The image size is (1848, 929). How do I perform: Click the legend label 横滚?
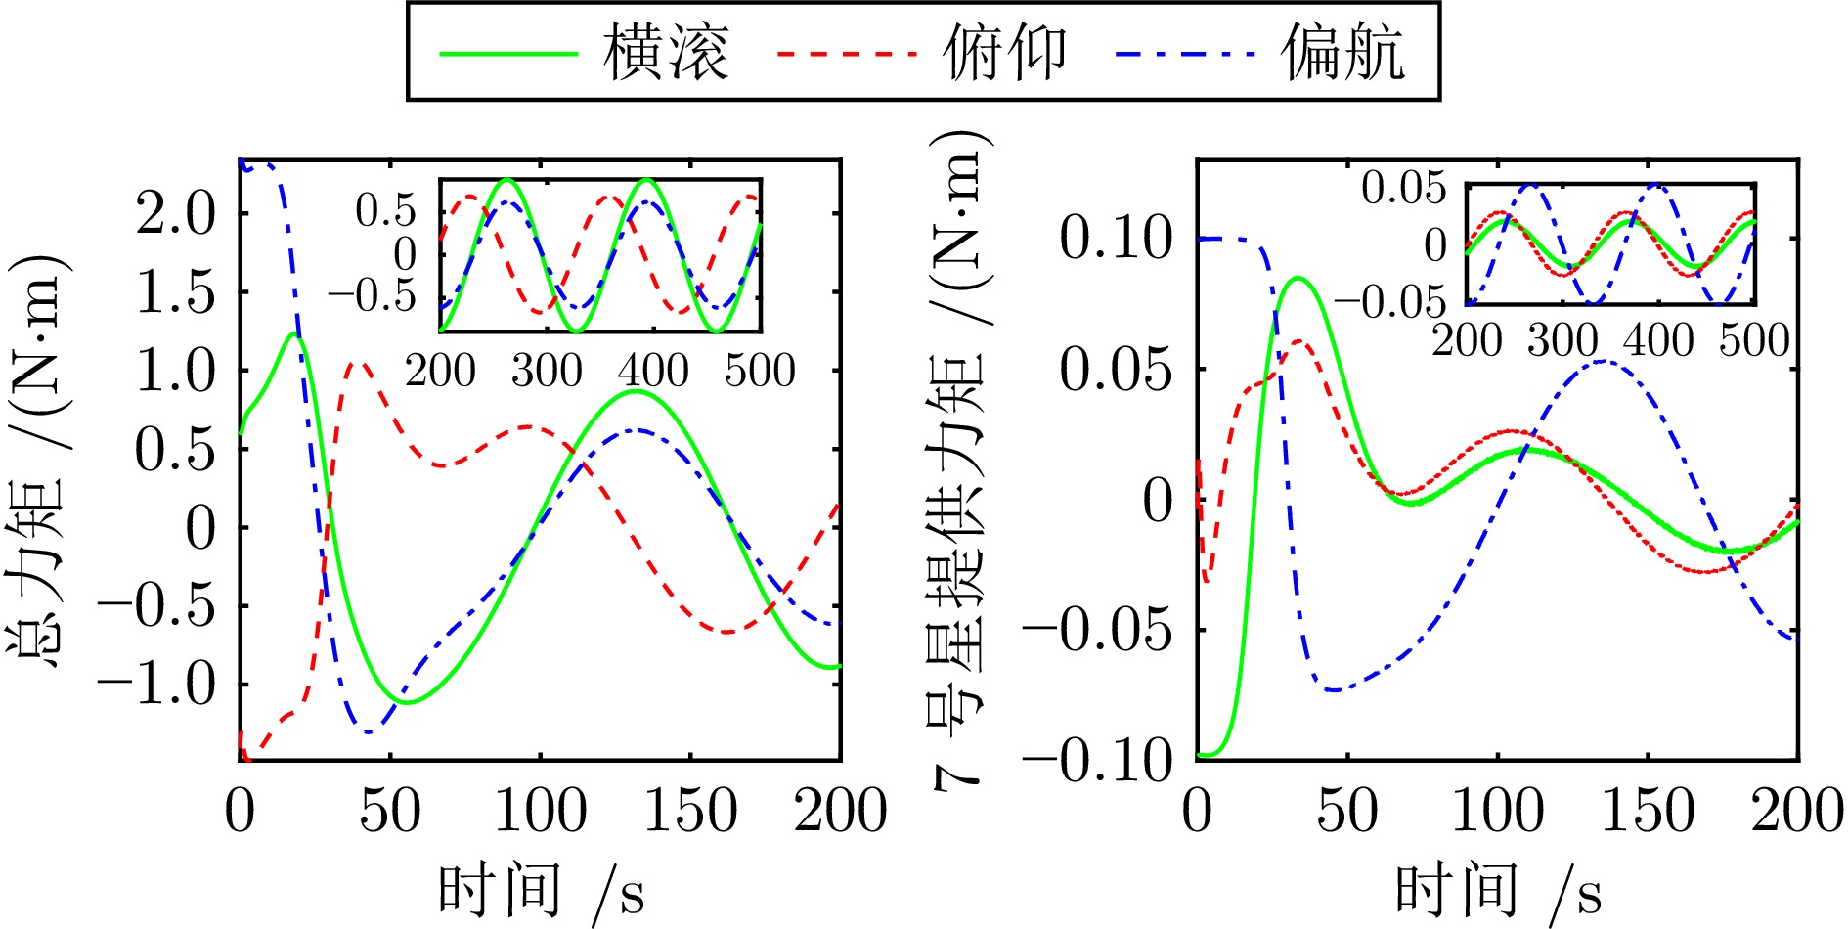tap(667, 53)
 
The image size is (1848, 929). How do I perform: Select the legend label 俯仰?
tap(1004, 53)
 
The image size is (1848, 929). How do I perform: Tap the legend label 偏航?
tap(1343, 53)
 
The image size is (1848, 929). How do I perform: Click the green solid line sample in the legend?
tap(508, 53)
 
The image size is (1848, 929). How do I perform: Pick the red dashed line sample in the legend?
tap(847, 53)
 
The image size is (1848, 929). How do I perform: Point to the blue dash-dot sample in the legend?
tap(1185, 53)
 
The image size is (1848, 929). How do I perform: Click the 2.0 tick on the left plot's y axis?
tap(176, 213)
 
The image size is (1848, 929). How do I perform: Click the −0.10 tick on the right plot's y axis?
tap(1099, 761)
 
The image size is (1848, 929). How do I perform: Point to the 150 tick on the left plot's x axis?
tap(690, 812)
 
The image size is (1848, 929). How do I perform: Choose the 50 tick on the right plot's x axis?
tap(1347, 812)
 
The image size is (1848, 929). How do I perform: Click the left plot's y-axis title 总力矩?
tap(39, 460)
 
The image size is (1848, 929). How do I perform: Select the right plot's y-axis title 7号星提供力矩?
tap(958, 460)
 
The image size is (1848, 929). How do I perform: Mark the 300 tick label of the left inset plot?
tap(547, 372)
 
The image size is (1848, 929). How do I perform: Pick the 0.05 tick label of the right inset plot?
tap(1404, 187)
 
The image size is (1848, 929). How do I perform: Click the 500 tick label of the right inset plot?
tap(1755, 341)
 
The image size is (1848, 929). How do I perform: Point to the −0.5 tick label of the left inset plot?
tap(373, 295)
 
